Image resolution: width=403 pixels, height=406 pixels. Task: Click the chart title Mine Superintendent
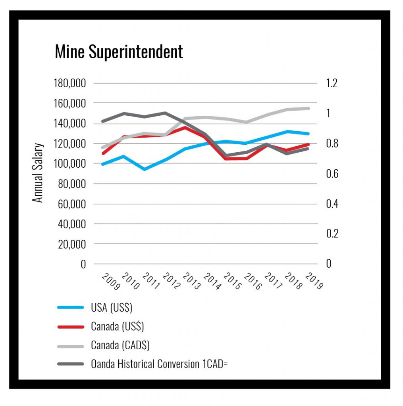click(x=119, y=52)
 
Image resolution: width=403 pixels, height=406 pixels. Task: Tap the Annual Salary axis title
click(x=38, y=173)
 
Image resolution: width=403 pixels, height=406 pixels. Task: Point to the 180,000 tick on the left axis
click(x=70, y=84)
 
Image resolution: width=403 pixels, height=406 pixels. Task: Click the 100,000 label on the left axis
click(x=70, y=163)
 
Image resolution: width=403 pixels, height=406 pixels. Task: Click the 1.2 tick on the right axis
click(x=332, y=84)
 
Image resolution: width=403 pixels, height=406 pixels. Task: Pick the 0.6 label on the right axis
click(x=332, y=174)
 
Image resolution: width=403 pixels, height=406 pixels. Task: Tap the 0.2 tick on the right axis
click(x=332, y=234)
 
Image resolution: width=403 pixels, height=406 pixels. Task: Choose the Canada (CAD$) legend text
click(x=120, y=345)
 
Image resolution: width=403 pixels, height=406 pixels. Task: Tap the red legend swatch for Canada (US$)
click(x=70, y=327)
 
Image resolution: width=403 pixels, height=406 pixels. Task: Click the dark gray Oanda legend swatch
click(x=70, y=364)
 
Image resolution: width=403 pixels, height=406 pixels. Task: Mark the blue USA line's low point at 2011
click(x=145, y=169)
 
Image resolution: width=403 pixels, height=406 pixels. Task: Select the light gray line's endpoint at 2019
click(x=309, y=108)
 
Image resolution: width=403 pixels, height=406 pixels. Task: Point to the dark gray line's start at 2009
click(x=102, y=121)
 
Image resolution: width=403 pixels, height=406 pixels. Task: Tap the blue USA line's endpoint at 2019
click(x=309, y=134)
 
